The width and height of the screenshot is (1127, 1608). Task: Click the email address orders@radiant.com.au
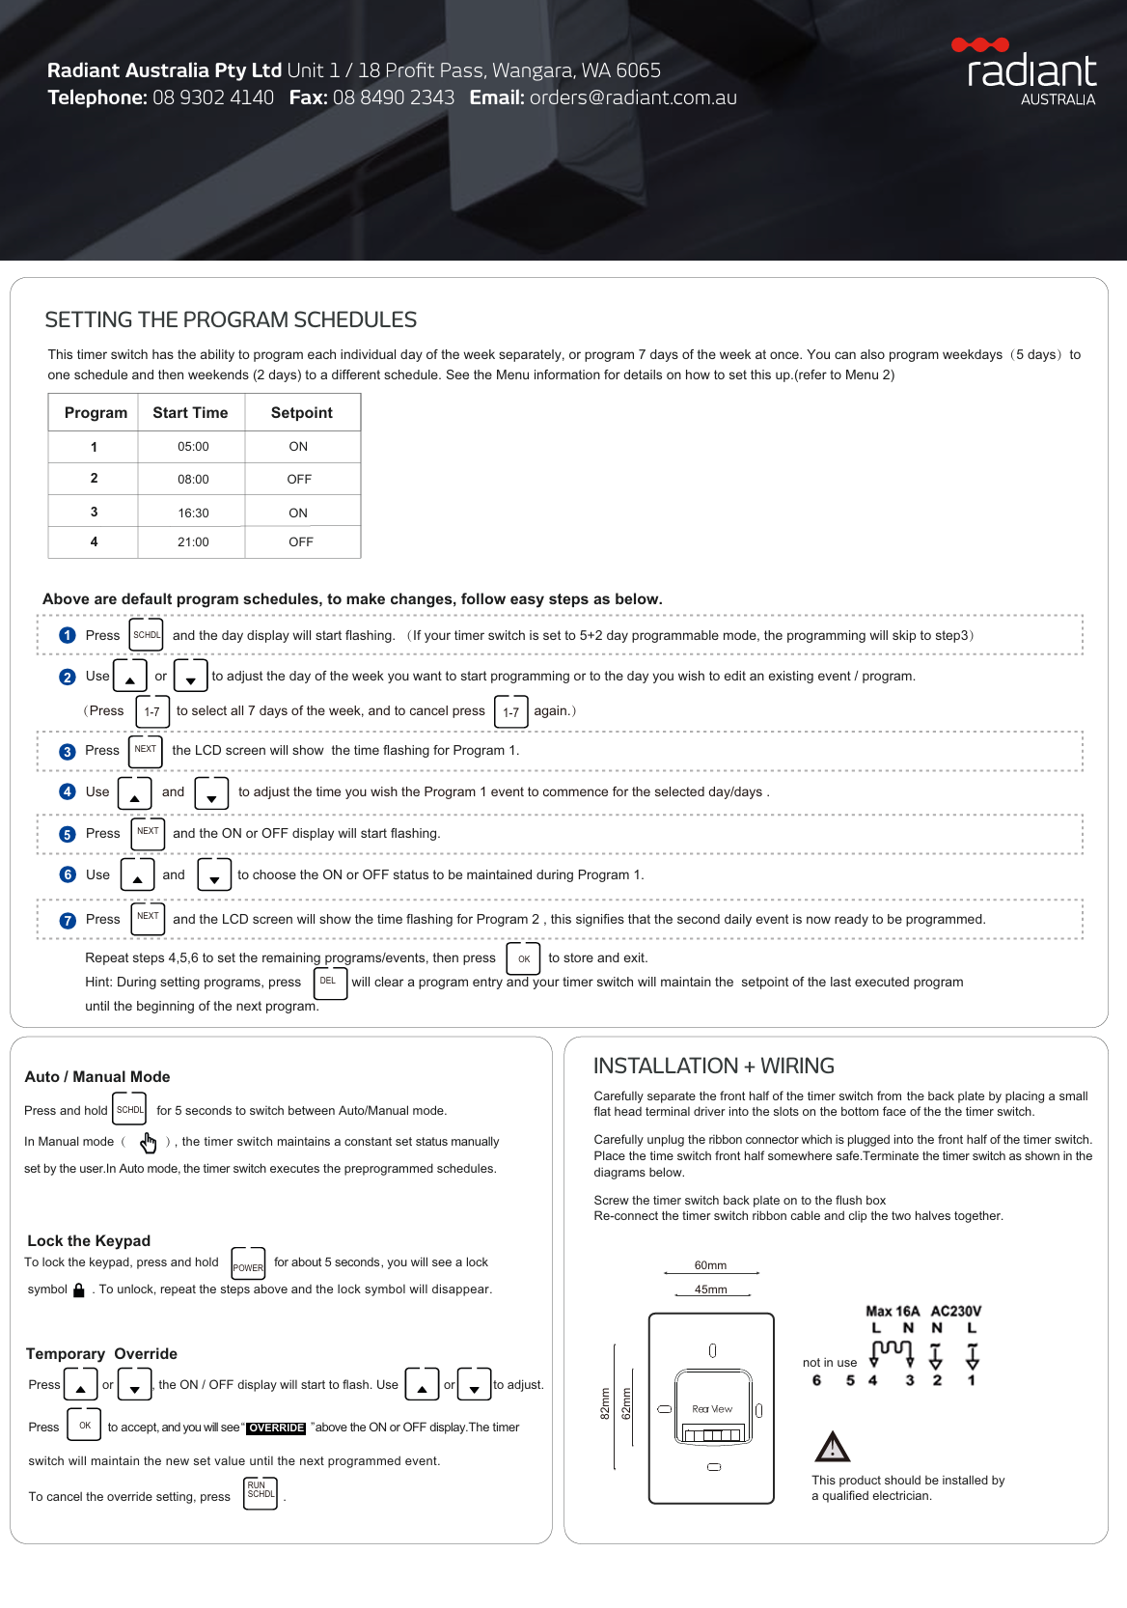click(x=633, y=97)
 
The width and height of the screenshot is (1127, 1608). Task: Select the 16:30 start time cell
click(x=193, y=513)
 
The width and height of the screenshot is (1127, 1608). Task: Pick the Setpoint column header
click(x=301, y=412)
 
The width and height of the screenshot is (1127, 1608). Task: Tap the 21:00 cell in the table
click(x=193, y=542)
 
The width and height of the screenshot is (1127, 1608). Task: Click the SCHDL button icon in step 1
click(x=147, y=635)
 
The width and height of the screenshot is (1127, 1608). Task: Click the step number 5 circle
click(x=68, y=835)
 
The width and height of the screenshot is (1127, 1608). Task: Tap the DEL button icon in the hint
click(x=329, y=983)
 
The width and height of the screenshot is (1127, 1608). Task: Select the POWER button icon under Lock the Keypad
click(x=248, y=1263)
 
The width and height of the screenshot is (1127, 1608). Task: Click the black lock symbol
click(x=79, y=1290)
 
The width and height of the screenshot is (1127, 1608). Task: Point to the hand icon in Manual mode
click(x=148, y=1143)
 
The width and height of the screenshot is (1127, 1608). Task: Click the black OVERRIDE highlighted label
click(x=277, y=1428)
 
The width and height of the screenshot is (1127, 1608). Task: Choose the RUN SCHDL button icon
click(x=261, y=1492)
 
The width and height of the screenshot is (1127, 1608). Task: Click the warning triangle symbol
click(x=832, y=1447)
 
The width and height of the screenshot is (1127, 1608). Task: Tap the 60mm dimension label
click(x=711, y=1265)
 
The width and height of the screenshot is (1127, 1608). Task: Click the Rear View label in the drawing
click(x=712, y=1409)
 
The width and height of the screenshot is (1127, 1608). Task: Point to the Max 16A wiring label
click(x=893, y=1311)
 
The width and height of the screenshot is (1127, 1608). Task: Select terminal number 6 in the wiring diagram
click(x=816, y=1380)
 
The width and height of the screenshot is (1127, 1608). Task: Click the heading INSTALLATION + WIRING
click(x=713, y=1066)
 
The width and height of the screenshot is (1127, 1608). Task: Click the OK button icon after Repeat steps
click(x=523, y=958)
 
